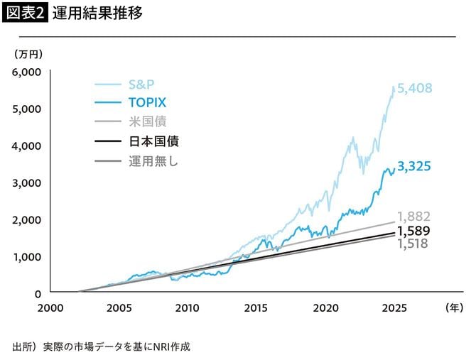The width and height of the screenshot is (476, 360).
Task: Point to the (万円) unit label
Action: tap(28, 54)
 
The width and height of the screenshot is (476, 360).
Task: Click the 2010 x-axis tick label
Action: tap(187, 307)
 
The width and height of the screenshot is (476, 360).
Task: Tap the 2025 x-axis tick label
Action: tap(394, 307)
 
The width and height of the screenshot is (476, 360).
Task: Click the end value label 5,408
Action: tap(415, 89)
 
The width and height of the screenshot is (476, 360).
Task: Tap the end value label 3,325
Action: tap(415, 167)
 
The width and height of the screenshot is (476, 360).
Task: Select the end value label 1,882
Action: tap(414, 217)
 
